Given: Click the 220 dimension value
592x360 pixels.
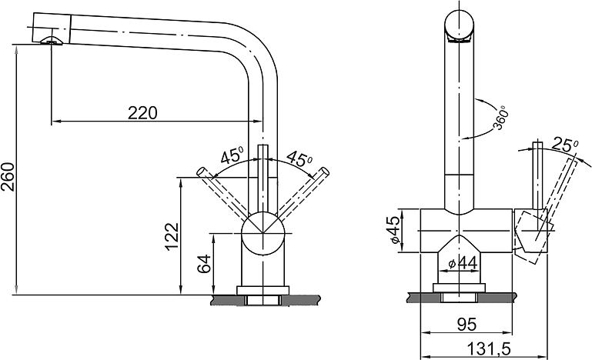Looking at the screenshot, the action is tap(142, 112).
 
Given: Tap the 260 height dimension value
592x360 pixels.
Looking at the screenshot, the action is tap(8, 177).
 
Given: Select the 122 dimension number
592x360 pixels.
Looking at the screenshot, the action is tap(172, 237).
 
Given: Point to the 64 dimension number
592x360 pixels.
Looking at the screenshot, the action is tap(204, 263).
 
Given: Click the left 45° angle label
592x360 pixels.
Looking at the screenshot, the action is tap(232, 156).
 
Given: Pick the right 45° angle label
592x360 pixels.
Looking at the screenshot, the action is tap(299, 159).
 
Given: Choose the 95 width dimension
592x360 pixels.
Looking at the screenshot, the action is tap(467, 324).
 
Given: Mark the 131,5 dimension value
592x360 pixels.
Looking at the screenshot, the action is tap(489, 349).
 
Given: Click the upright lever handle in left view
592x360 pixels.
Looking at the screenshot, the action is tap(263, 178).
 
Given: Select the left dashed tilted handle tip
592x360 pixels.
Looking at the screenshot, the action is tap(202, 171).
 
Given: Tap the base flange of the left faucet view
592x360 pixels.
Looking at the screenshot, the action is tap(263, 290).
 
